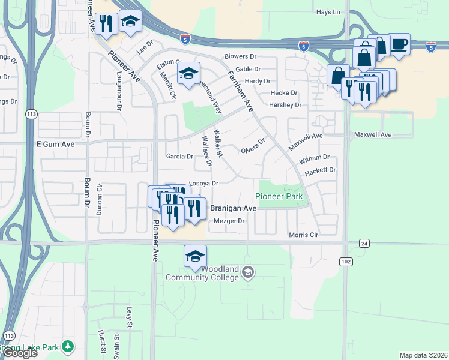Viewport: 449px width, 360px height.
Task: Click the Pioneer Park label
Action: pos(279,196)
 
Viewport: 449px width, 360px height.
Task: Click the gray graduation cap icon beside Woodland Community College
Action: pos(247,274)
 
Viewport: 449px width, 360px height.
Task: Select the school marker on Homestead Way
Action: pos(188,74)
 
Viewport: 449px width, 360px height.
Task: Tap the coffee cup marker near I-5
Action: pos(399,43)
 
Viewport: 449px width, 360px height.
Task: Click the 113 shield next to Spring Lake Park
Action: pos(9,335)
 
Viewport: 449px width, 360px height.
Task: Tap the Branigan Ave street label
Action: pos(234,208)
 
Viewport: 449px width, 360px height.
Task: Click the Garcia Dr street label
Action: pos(179,157)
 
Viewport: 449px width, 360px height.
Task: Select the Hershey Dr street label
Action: pos(285,105)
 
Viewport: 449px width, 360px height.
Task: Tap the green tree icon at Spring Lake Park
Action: pos(69,346)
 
